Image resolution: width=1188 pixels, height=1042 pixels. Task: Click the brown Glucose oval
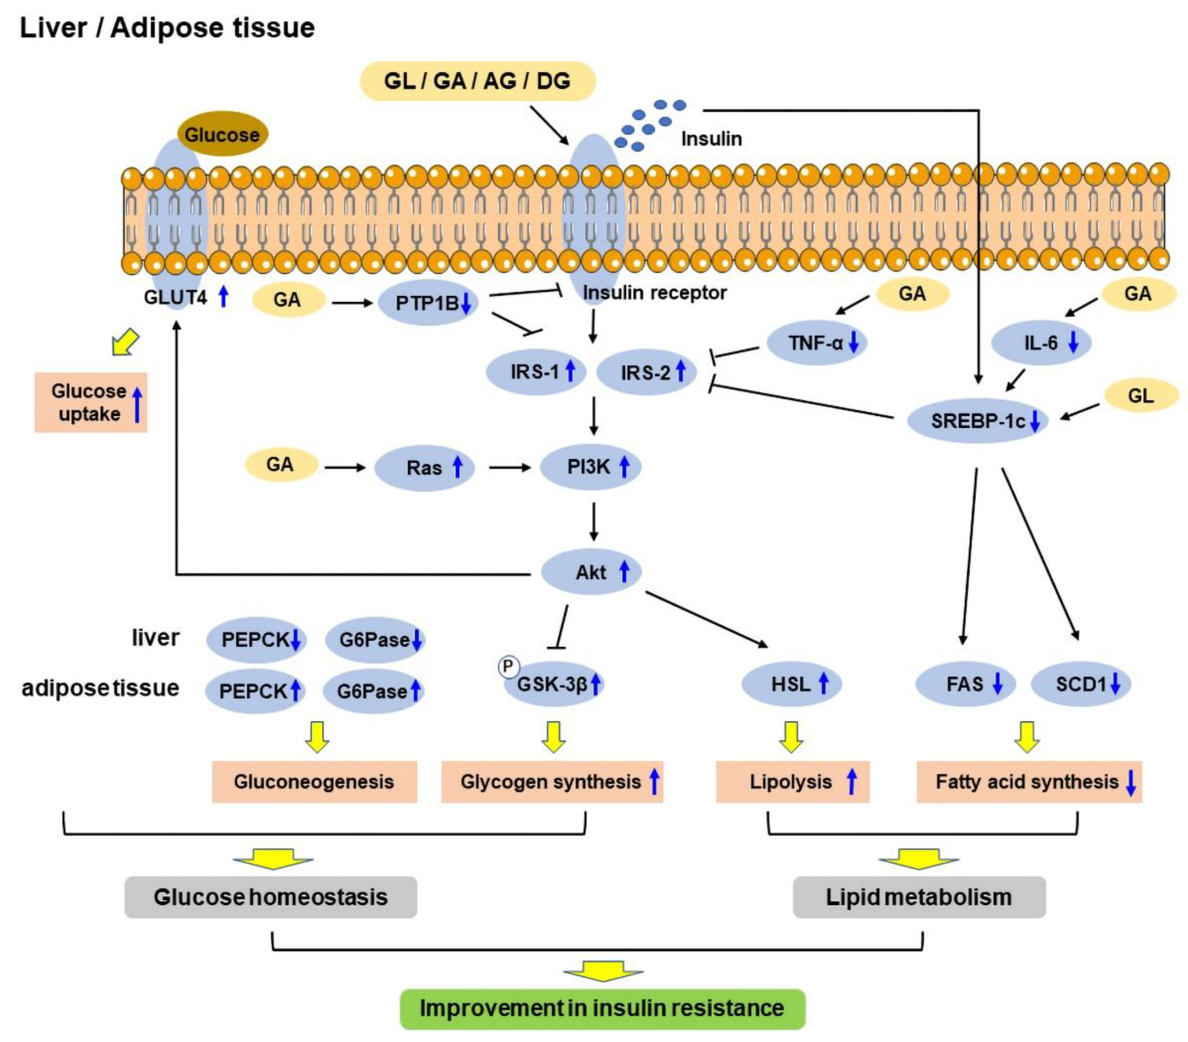(222, 134)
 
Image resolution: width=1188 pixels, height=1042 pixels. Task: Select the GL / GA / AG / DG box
(478, 81)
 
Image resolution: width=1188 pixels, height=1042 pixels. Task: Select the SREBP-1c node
(978, 421)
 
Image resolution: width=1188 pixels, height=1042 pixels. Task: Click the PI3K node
(591, 467)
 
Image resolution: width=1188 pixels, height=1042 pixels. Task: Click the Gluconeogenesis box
(315, 782)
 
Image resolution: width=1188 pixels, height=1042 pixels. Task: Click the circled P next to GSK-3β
(509, 667)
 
